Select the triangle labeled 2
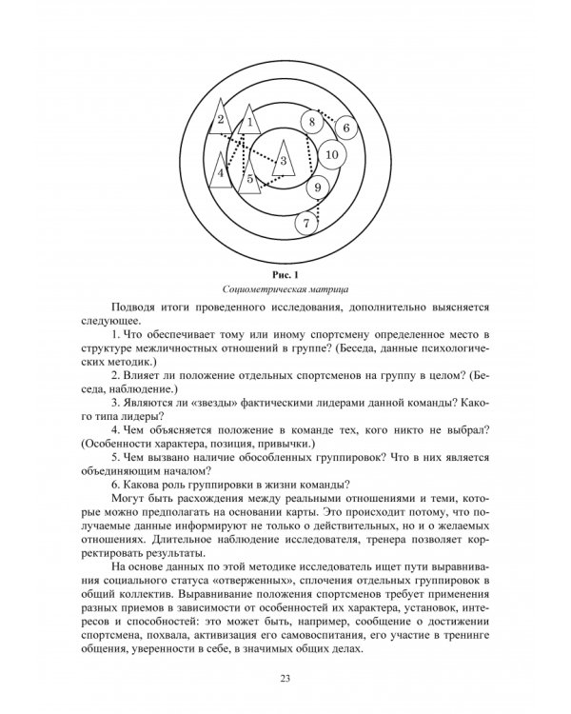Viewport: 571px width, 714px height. click(x=221, y=121)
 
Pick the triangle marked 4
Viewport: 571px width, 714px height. click(x=221, y=172)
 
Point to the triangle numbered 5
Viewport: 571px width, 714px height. click(x=249, y=175)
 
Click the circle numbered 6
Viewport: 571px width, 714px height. click(x=346, y=128)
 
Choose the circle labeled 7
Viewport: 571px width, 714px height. click(x=305, y=224)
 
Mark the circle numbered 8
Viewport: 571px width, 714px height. click(x=310, y=123)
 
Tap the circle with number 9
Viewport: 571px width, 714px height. click(x=319, y=188)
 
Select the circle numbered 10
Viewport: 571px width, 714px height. click(x=331, y=154)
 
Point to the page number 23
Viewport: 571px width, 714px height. click(x=285, y=678)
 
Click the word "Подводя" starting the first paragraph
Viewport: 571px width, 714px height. click(x=135, y=312)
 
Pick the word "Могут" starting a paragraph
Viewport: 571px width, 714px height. click(x=133, y=498)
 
